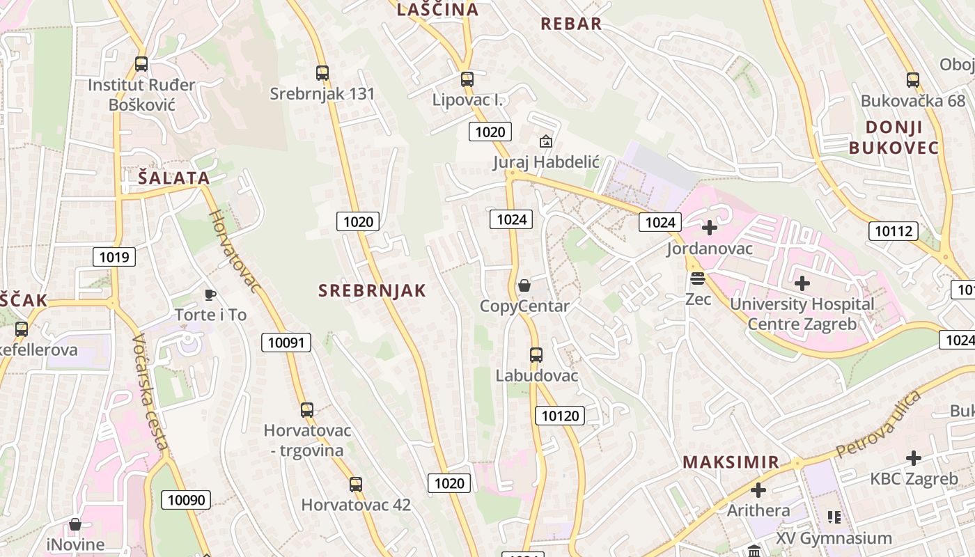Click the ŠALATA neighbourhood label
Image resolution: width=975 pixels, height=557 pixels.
coord(174,178)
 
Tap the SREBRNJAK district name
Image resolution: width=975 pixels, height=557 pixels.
coord(372,290)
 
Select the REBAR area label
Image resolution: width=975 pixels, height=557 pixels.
coord(571,24)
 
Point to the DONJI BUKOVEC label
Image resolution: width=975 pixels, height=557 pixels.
coord(894,137)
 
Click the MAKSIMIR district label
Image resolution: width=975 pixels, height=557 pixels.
coord(731,462)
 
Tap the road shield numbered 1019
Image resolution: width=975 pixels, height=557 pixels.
coord(114,257)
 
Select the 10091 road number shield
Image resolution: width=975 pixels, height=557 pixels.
coord(286,342)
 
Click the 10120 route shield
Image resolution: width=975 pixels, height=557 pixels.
coord(560,416)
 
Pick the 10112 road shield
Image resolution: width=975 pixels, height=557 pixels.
coord(894,231)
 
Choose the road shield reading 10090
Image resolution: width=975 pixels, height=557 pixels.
coord(187,499)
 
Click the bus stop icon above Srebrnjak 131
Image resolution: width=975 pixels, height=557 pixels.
coord(322,72)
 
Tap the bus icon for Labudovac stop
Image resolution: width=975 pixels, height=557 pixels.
coord(536,355)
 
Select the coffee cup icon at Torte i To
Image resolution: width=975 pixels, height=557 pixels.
coord(210,295)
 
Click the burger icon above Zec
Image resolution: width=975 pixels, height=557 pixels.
coord(697,279)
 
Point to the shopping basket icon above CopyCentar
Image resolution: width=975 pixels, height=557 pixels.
coord(524,285)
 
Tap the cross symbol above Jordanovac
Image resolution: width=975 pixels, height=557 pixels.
coord(710,228)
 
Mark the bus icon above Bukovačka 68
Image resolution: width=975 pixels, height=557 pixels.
coord(913,80)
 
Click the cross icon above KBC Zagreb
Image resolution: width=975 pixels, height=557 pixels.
coord(914,458)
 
